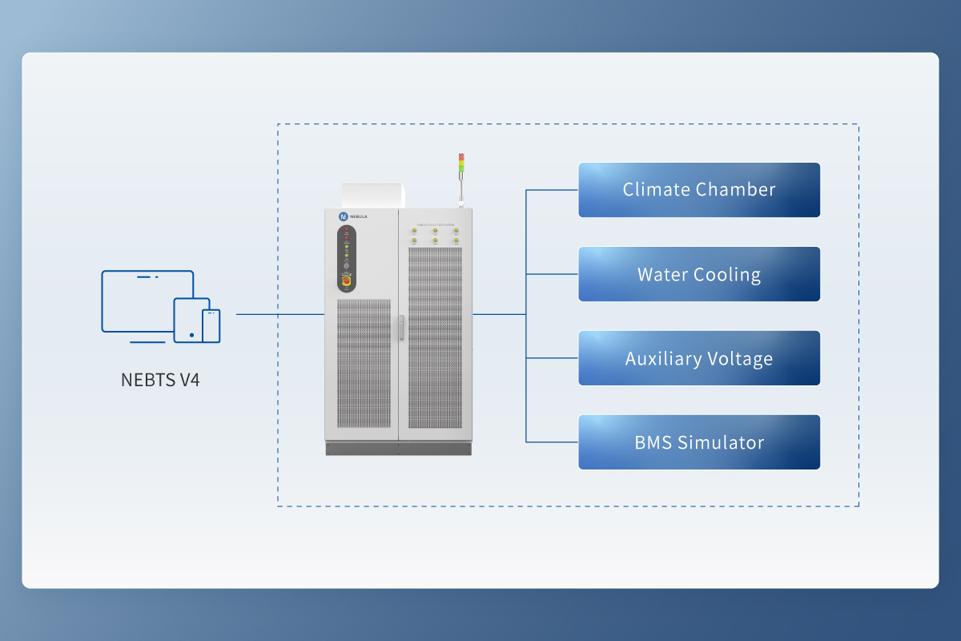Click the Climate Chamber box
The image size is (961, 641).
(699, 190)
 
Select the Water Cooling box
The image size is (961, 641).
(699, 274)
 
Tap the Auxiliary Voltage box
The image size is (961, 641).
(699, 358)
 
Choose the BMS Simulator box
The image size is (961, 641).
(699, 442)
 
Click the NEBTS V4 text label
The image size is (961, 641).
(160, 379)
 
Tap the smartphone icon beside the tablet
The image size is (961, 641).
(211, 325)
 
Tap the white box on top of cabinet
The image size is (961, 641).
(373, 195)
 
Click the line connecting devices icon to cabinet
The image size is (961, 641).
(280, 315)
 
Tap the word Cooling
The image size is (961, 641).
(727, 274)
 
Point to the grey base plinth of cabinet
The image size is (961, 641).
(399, 448)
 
